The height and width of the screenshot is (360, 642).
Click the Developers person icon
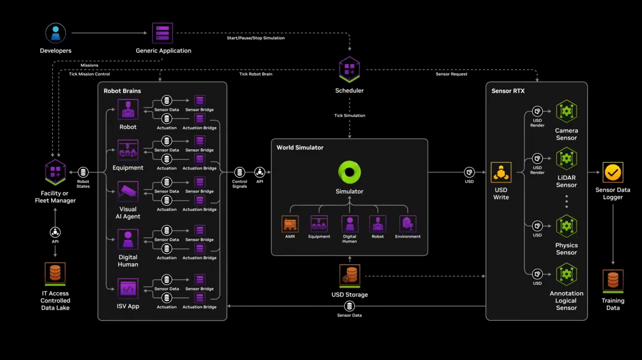tap(56, 33)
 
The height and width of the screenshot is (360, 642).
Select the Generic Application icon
tap(162, 33)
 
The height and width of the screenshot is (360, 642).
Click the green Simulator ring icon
tap(350, 173)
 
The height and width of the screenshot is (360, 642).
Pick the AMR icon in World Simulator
tap(290, 224)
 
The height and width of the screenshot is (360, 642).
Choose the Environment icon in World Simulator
tap(408, 224)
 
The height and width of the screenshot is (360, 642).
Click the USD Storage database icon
tap(350, 274)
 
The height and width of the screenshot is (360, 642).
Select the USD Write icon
tap(501, 173)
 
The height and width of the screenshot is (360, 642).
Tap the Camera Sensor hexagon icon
tap(566, 111)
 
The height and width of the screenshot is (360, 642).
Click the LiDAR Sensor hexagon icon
tap(566, 159)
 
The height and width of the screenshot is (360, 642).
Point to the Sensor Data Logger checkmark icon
tap(613, 173)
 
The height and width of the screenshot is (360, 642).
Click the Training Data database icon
tap(613, 280)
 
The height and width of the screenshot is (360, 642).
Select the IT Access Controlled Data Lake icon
tap(55, 273)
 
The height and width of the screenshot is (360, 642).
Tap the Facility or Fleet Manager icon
tap(55, 172)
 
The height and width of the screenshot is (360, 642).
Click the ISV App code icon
tap(128, 289)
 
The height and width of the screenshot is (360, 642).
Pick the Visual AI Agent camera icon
tap(128, 191)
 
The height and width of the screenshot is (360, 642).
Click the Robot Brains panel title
tap(122, 91)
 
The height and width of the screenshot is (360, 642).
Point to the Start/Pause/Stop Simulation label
tap(256, 38)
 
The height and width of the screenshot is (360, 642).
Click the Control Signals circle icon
tap(240, 172)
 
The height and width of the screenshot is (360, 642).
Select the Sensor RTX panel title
tap(508, 91)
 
